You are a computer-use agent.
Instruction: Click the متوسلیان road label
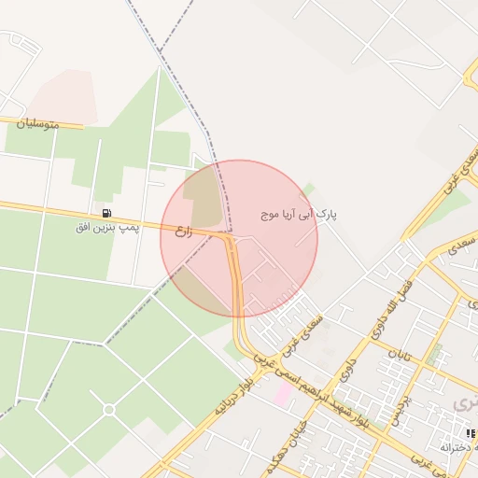click(x=43, y=123)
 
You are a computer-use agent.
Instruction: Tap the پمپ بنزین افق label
click(x=107, y=227)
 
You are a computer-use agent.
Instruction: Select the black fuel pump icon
click(x=106, y=213)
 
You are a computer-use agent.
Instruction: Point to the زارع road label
click(x=184, y=228)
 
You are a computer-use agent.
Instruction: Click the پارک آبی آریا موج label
click(x=300, y=215)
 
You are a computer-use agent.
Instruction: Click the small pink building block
click(x=281, y=393)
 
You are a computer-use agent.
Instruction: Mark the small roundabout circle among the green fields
click(x=109, y=409)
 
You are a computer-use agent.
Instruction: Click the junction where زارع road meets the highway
click(x=230, y=239)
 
